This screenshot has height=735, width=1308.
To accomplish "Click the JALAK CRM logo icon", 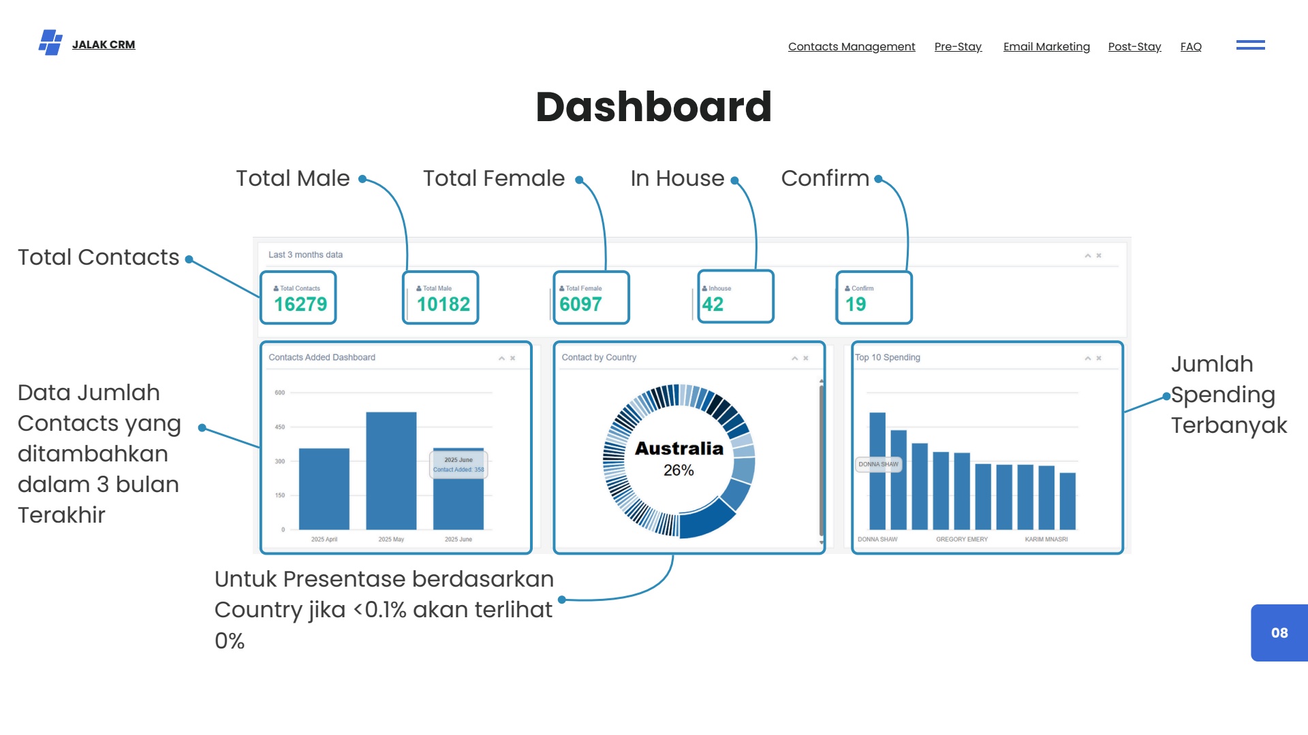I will click(x=50, y=42).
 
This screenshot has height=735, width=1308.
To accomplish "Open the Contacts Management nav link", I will click(x=852, y=46).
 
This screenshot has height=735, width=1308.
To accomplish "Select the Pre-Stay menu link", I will click(x=958, y=46).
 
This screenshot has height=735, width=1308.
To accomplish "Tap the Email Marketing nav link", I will click(x=1046, y=46).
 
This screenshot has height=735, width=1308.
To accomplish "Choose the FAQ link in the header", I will click(x=1191, y=46).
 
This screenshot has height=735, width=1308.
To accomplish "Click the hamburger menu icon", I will click(x=1250, y=45).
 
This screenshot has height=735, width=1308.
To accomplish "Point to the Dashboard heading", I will click(x=653, y=107).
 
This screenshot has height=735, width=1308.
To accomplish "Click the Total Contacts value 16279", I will click(x=300, y=304).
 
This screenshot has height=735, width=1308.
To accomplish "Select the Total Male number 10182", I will click(x=443, y=304).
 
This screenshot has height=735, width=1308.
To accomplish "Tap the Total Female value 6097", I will click(x=580, y=304).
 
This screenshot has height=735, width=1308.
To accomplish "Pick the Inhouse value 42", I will click(x=713, y=304).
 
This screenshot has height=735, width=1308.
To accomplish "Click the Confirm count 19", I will click(x=856, y=304).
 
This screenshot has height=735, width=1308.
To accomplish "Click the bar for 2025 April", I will click(x=324, y=489).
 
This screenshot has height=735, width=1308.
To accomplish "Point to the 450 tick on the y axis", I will click(x=280, y=427).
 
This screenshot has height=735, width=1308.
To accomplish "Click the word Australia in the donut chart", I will click(x=679, y=448).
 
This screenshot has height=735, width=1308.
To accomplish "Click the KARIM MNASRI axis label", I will click(x=1046, y=539).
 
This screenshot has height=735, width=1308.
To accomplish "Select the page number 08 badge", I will click(x=1279, y=633).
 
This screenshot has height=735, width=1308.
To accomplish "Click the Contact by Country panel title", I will click(x=599, y=357).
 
